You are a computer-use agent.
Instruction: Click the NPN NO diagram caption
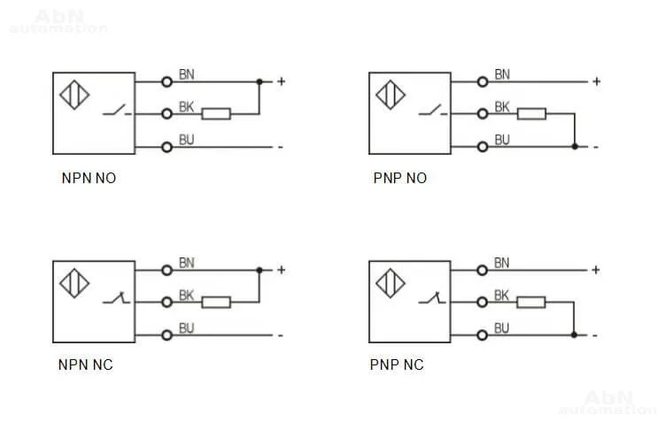(89, 178)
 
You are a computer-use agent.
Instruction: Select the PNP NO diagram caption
(399, 178)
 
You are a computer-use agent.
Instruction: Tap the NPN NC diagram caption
(86, 364)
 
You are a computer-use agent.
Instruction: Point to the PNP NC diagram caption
(397, 364)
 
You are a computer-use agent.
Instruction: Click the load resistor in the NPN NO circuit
(217, 113)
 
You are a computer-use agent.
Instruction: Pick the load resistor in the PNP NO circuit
(532, 113)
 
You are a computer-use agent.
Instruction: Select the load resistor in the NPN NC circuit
(217, 302)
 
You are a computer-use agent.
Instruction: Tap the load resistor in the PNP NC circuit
(532, 302)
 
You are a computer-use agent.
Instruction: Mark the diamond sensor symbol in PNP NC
(391, 284)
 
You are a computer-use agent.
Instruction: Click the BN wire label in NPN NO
(187, 74)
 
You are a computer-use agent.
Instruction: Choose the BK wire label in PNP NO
(502, 107)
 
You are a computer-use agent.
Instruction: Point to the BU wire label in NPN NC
(187, 328)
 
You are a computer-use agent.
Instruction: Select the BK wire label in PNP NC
(502, 295)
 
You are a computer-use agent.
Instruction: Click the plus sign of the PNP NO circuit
(597, 81)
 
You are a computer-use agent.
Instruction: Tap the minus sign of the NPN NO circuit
(281, 146)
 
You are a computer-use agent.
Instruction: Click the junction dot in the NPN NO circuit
(259, 81)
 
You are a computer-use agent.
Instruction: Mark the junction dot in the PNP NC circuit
(575, 334)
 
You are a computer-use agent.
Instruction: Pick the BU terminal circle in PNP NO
(483, 146)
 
